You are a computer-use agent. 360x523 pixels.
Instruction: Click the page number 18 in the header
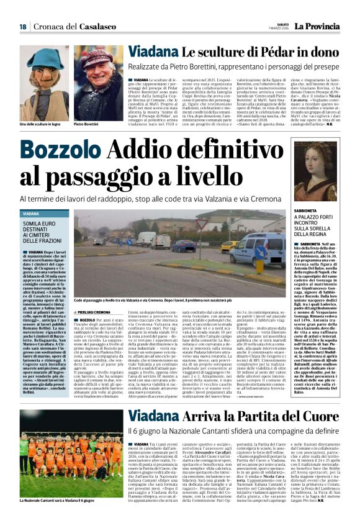[22, 27]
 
